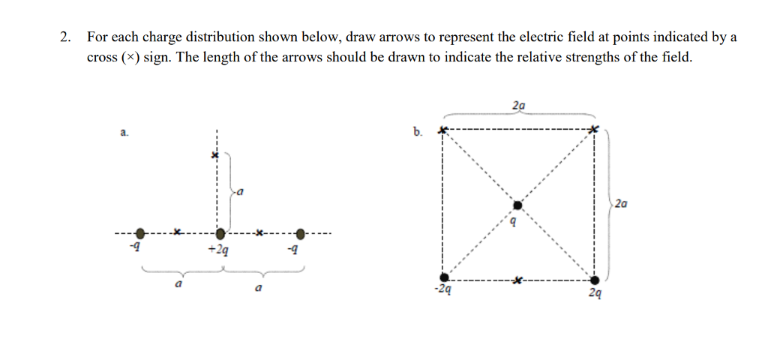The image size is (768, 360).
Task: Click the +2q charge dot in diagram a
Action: coord(219,235)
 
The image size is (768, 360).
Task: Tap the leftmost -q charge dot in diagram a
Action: coord(139,235)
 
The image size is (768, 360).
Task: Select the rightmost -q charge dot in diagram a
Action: coord(301,235)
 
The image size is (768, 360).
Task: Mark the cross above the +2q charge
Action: coord(214,155)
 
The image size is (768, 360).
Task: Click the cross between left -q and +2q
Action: coord(177,233)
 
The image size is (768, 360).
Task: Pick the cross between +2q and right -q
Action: coord(258,233)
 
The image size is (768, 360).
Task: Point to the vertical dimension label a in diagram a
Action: coord(240,193)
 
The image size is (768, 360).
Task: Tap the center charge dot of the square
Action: coord(517,205)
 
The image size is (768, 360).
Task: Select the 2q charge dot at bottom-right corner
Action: coord(595,280)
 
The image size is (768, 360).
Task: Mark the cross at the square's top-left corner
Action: coord(442,131)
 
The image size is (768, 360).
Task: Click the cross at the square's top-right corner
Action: coord(594,130)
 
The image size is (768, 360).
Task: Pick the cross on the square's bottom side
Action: coord(517,280)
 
